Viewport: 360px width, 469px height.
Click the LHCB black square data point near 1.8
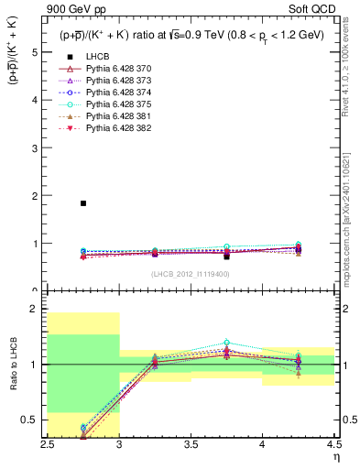pyautogui.click(x=83, y=203)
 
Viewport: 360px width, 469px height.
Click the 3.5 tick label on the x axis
pyautogui.click(x=191, y=444)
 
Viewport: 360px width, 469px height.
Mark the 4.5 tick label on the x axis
pyautogui.click(x=333, y=444)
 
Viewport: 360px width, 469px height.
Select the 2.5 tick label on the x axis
pyautogui.click(x=48, y=444)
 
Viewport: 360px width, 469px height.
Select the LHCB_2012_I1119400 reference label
pyautogui.click(x=191, y=274)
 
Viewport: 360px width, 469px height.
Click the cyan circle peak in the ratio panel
pyautogui.click(x=226, y=343)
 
